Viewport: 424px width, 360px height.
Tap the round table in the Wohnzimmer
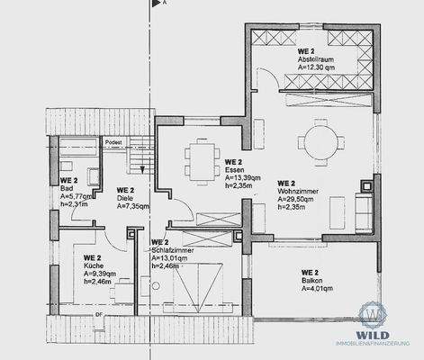320,139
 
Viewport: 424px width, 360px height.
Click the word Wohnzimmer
298,192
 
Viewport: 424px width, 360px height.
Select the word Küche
94,266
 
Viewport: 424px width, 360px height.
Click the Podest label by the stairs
113,141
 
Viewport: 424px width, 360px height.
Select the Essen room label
233,169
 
